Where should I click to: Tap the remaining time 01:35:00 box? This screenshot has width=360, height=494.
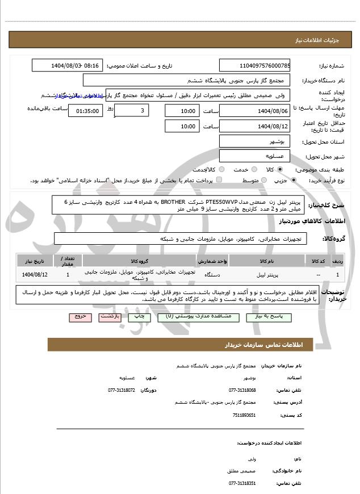click(85, 111)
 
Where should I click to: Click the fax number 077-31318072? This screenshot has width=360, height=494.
click(122, 390)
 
